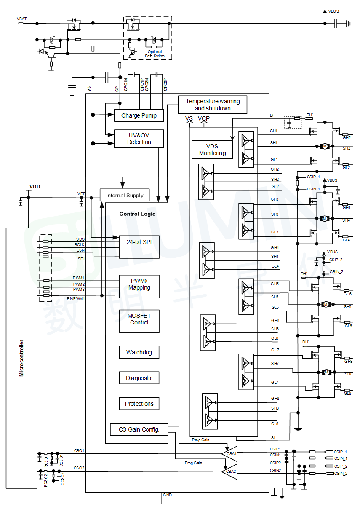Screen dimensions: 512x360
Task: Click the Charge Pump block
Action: point(139,115)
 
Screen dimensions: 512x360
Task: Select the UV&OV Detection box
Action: point(139,139)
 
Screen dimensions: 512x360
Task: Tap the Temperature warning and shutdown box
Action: point(213,105)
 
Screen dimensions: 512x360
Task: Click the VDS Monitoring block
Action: point(212,150)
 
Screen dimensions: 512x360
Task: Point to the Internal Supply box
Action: point(124,195)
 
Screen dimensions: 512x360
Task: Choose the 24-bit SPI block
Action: point(139,247)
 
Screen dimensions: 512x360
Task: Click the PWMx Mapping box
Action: point(139,284)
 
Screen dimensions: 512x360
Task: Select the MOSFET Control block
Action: point(139,319)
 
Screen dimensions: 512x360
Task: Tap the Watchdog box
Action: point(139,352)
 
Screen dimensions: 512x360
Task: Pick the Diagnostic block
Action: point(139,378)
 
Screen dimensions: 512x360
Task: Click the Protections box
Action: point(139,404)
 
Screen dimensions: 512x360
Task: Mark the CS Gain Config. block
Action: point(139,429)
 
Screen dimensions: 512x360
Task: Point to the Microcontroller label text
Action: point(21,358)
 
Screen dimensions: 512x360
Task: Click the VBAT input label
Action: point(21,19)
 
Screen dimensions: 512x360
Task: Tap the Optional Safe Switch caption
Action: point(155,54)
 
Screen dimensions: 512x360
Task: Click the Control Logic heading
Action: point(137,214)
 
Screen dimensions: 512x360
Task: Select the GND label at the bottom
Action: point(167,495)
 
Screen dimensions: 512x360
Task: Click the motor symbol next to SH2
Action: point(325,146)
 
